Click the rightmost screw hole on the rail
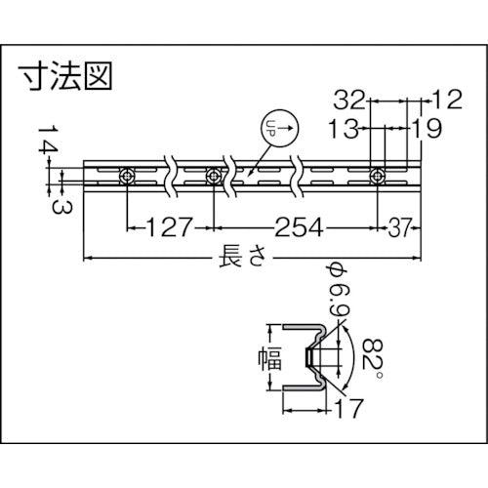point(378,177)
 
